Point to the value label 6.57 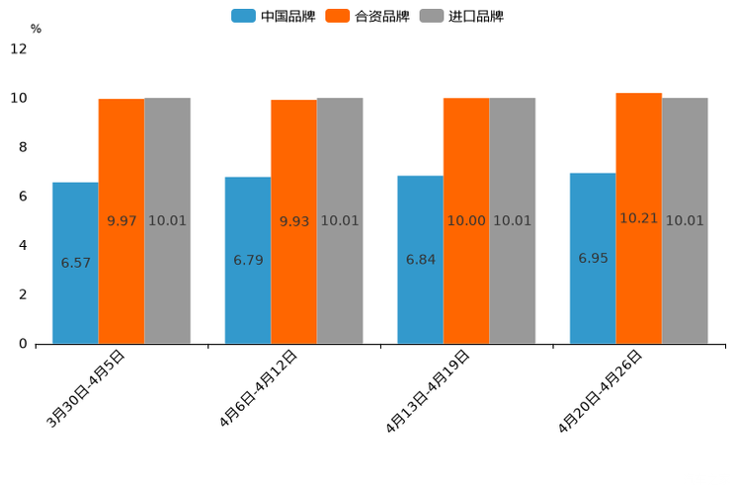pyautogui.click(x=76, y=263)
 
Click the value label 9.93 pyautogui.click(x=294, y=221)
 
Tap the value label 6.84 pyautogui.click(x=421, y=260)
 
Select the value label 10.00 pyautogui.click(x=466, y=221)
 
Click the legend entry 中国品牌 pyautogui.click(x=274, y=16)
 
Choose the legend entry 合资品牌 pyautogui.click(x=367, y=16)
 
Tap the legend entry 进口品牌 pyautogui.click(x=461, y=16)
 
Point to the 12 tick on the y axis pyautogui.click(x=19, y=49)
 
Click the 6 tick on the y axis pyautogui.click(x=23, y=197)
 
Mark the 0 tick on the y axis pyautogui.click(x=23, y=344)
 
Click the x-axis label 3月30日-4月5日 pyautogui.click(x=85, y=389)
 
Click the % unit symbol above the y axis pyautogui.click(x=36, y=29)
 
